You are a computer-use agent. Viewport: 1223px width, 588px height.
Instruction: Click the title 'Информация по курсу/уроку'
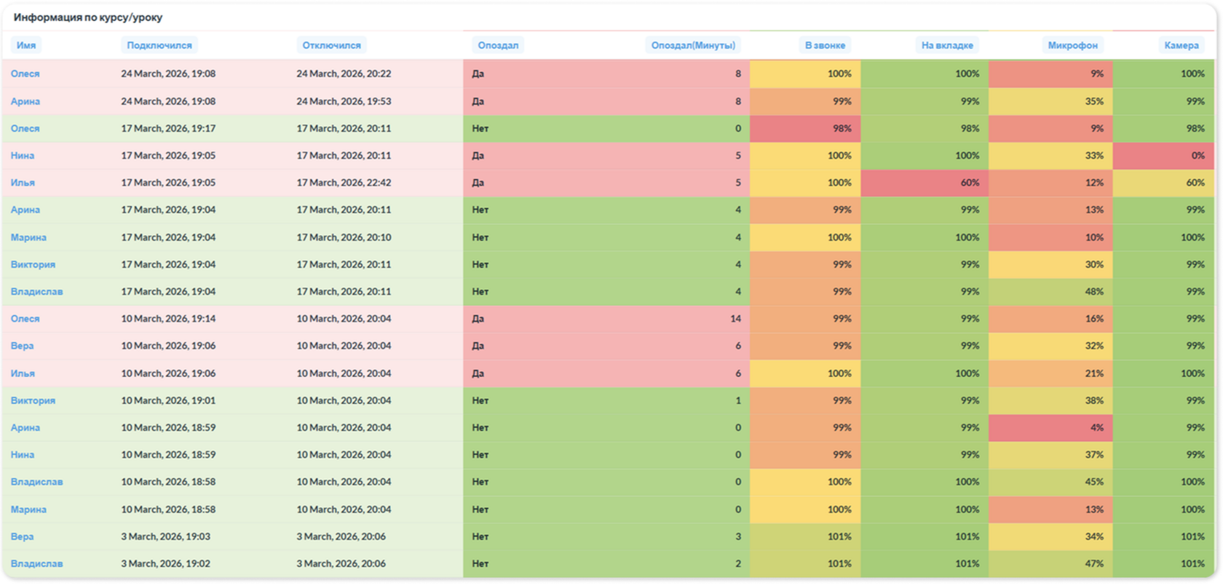point(88,17)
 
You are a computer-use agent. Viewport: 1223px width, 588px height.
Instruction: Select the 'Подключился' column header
point(159,45)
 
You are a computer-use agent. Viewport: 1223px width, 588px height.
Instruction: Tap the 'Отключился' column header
point(331,45)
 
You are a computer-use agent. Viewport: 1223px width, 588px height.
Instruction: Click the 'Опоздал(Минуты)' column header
point(693,45)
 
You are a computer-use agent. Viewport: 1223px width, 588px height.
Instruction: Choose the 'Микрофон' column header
point(1072,45)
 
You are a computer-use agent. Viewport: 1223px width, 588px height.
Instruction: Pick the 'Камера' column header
point(1181,45)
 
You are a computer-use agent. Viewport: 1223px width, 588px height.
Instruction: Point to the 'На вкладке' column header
point(946,45)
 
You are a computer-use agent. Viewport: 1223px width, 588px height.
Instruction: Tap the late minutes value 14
point(735,319)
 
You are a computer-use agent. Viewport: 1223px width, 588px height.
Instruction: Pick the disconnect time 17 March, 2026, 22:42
point(344,183)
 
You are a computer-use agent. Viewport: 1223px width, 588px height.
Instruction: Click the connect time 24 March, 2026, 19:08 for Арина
point(168,102)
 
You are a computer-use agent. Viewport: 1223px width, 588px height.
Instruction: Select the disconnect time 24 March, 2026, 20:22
point(344,73)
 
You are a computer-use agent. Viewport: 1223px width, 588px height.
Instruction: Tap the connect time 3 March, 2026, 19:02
point(165,563)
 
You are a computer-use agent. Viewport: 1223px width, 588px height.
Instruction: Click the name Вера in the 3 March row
point(23,536)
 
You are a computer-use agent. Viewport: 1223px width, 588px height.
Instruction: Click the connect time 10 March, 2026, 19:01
point(168,400)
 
